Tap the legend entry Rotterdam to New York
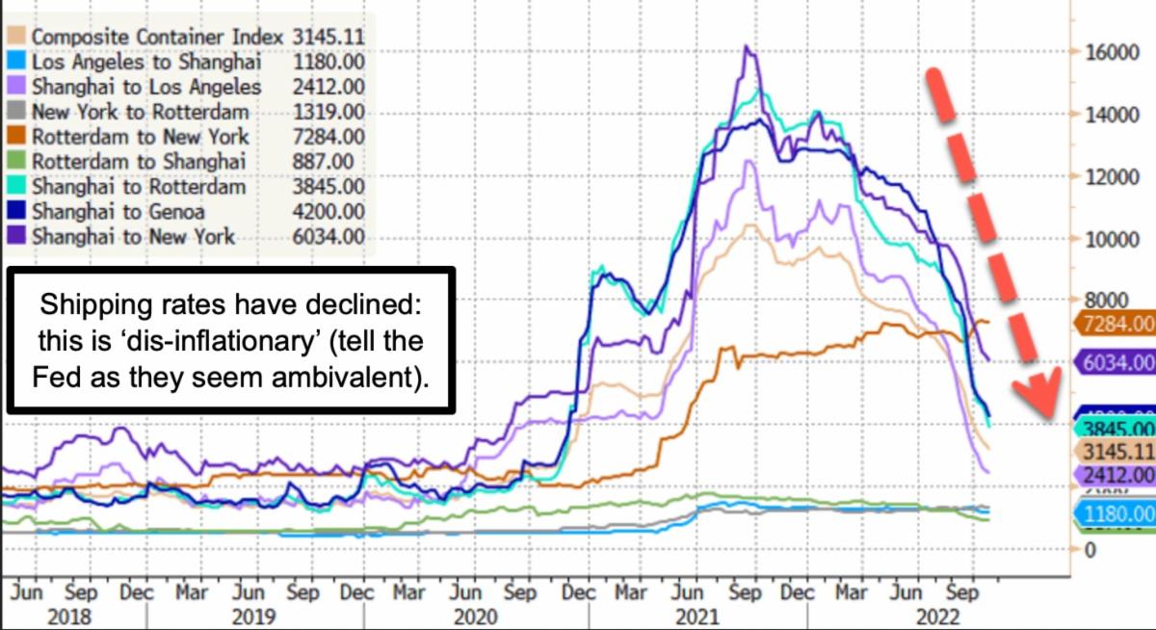pyautogui.click(x=141, y=137)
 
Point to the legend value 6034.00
pyautogui.click(x=332, y=236)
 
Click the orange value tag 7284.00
pyautogui.click(x=1117, y=324)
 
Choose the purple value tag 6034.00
pyautogui.click(x=1117, y=362)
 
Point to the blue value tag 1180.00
pyautogui.click(x=1117, y=515)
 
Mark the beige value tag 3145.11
pyautogui.click(x=1117, y=452)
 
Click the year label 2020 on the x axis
pyautogui.click(x=475, y=617)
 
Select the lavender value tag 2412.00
pyautogui.click(x=1117, y=474)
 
